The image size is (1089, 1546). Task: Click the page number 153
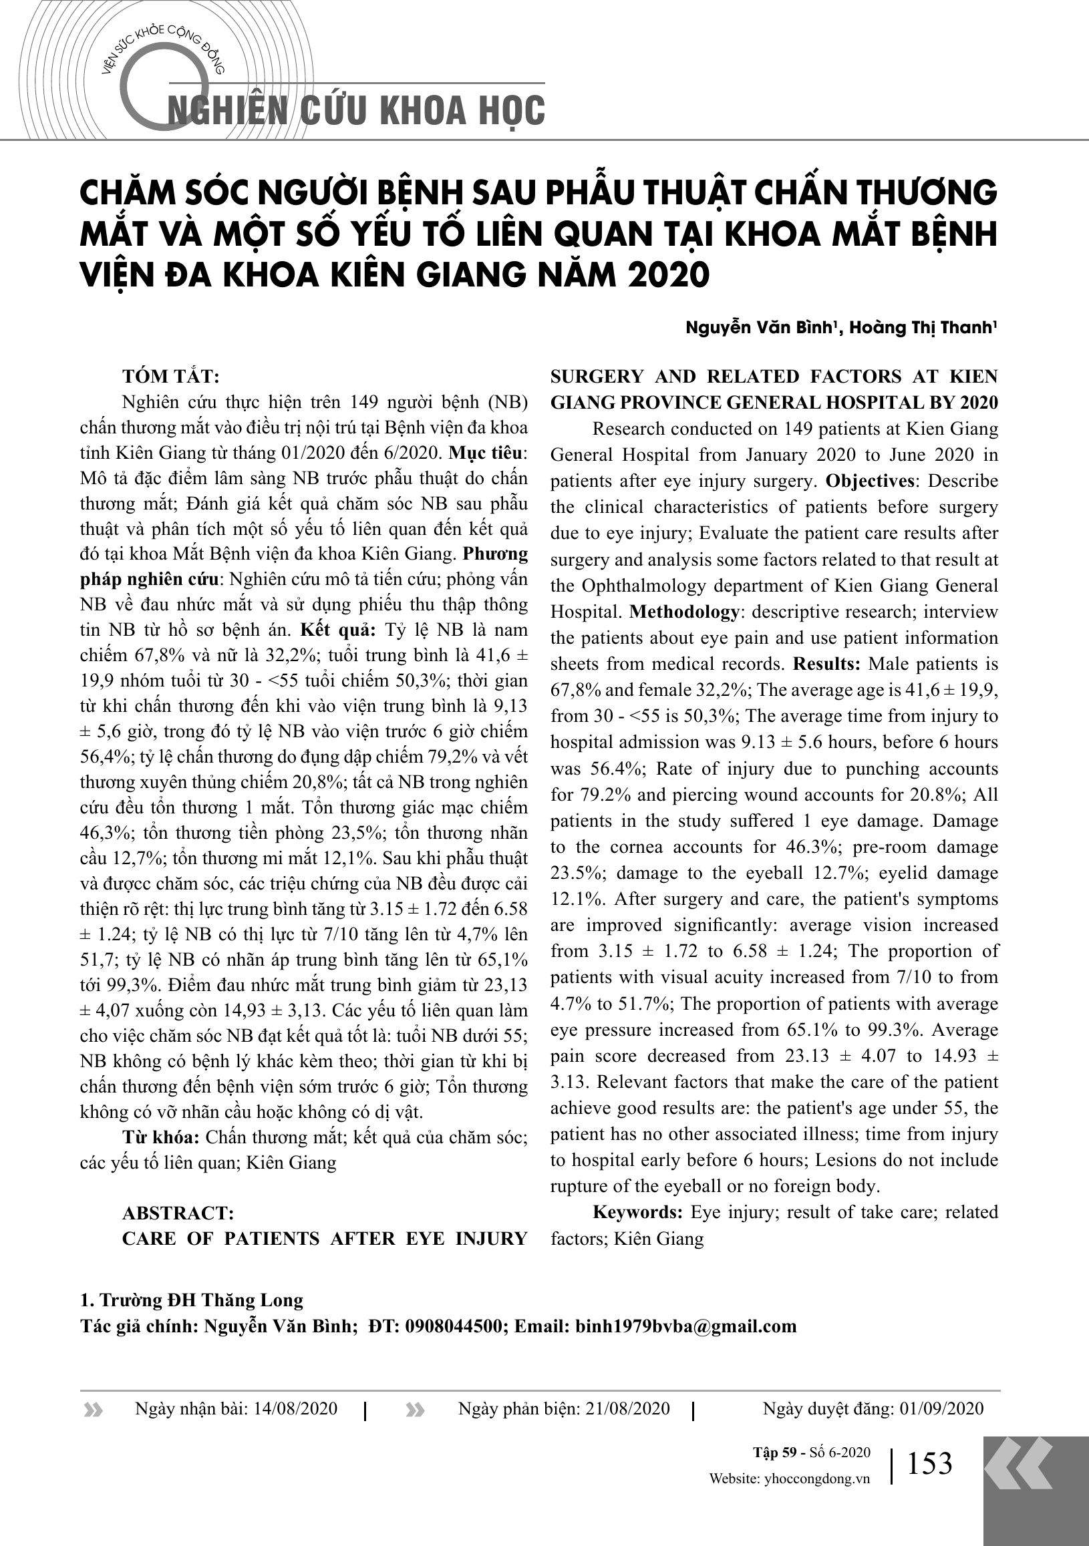click(929, 1464)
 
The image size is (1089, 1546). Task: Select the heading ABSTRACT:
click(178, 1213)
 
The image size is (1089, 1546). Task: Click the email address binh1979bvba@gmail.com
click(685, 1326)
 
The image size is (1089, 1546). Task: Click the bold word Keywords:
click(638, 1213)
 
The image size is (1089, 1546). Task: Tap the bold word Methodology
click(684, 612)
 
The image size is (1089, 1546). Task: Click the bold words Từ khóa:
click(160, 1138)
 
